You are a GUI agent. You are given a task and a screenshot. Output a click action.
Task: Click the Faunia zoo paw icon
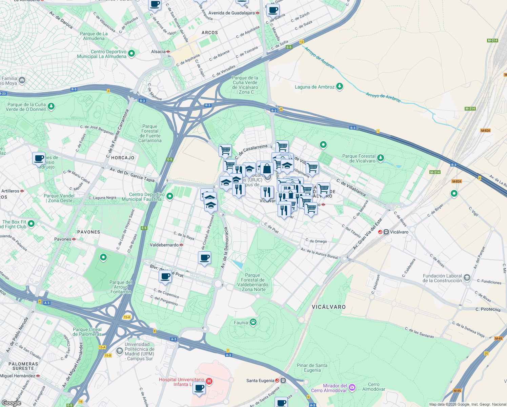click(x=253, y=322)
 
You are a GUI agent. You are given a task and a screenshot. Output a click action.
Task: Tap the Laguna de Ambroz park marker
click(x=339, y=87)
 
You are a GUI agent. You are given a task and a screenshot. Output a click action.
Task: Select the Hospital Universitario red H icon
click(x=209, y=381)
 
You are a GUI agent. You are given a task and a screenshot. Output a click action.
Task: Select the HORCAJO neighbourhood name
click(x=123, y=158)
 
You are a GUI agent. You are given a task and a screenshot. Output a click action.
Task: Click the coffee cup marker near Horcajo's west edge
click(x=39, y=158)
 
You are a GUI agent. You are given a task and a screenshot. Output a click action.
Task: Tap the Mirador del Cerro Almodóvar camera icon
click(x=352, y=388)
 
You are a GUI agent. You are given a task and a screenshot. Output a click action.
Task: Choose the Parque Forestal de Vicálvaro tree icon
click(x=381, y=158)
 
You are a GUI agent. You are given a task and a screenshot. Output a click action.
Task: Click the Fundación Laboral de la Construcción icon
click(x=467, y=278)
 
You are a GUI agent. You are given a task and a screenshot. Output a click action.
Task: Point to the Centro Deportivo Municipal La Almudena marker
click(x=132, y=53)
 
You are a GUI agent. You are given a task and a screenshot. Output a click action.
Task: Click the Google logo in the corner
click(x=11, y=403)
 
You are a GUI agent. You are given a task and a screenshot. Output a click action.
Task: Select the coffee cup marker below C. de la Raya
click(x=204, y=258)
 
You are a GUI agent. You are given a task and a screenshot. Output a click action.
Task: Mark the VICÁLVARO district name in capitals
click(x=328, y=307)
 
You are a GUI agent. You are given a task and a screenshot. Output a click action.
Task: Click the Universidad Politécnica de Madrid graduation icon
click(x=119, y=351)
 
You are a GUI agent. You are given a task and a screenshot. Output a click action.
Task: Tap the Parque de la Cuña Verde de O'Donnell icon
click(x=51, y=106)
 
